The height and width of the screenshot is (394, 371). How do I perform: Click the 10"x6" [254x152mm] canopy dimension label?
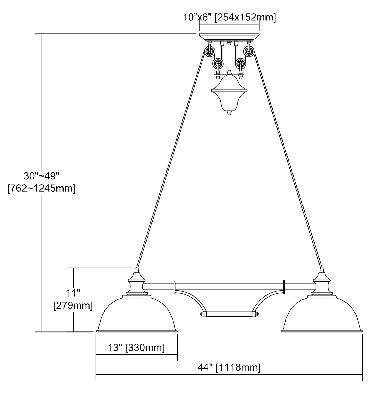(229, 17)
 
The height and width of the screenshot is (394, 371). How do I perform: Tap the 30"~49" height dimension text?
(41, 176)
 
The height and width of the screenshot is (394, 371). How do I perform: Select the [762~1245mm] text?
(41, 189)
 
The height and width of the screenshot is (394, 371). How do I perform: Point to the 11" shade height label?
(73, 293)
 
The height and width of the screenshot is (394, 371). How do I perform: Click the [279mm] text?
(73, 306)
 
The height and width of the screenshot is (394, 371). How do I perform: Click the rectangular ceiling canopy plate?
(229, 37)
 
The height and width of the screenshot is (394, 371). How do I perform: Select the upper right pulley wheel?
(249, 51)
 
